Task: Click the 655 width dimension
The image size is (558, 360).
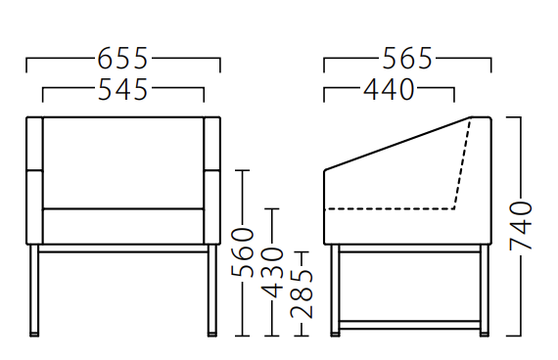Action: point(122,59)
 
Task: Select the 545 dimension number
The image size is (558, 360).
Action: point(122,89)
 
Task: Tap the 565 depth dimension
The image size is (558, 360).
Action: point(407,59)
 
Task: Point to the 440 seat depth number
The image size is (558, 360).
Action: point(389,89)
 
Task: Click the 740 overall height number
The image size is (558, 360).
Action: point(521,225)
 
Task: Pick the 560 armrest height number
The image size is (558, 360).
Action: point(243,252)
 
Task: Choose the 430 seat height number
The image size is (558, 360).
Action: point(272,272)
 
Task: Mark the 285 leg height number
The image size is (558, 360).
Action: point(302,293)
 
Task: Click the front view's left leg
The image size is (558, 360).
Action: point(34,290)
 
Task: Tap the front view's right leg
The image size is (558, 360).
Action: point(212,290)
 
